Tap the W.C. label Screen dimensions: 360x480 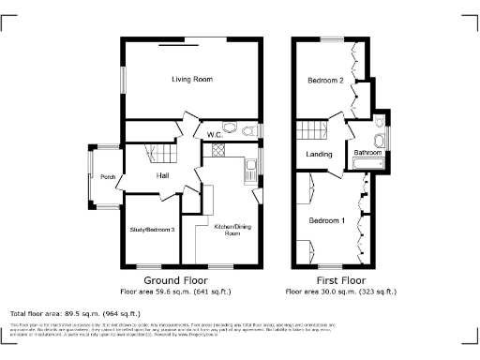click(214, 137)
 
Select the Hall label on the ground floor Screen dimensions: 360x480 click(162, 175)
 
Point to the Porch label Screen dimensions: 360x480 click(107, 176)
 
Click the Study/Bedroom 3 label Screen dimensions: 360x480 click(152, 230)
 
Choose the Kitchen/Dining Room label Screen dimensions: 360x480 click(227, 230)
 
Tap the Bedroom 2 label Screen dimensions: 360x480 click(325, 82)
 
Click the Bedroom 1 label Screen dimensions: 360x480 click(326, 220)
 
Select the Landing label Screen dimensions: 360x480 click(320, 155)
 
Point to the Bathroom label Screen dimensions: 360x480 click(367, 153)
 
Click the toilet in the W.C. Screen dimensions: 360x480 click(230, 129)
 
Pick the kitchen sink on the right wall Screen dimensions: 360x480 click(251, 170)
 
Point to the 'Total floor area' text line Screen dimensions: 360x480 click(75, 313)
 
